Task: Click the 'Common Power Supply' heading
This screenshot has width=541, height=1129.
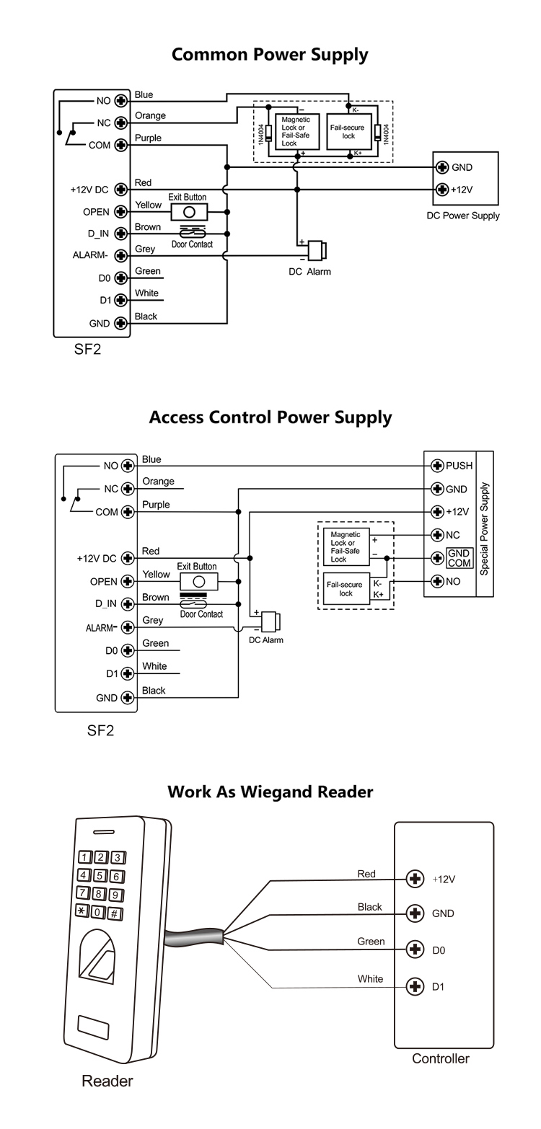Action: click(x=270, y=54)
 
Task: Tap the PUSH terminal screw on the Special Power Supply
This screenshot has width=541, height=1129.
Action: click(x=436, y=466)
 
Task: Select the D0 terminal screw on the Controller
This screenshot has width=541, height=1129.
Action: click(x=415, y=949)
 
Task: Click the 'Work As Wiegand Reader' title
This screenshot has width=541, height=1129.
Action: click(x=270, y=792)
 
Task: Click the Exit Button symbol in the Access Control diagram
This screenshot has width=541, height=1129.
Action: click(x=198, y=581)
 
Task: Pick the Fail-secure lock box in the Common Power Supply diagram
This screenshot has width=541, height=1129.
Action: click(x=349, y=132)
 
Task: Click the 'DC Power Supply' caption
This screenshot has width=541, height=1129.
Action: click(x=463, y=216)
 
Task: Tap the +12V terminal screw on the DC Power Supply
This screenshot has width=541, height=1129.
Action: click(x=442, y=190)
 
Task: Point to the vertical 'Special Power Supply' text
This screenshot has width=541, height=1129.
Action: click(x=485, y=524)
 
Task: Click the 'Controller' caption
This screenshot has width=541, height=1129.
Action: click(x=440, y=1058)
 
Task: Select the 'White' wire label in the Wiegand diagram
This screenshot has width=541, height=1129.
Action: click(x=370, y=978)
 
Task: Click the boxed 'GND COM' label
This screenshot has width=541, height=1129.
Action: click(x=459, y=558)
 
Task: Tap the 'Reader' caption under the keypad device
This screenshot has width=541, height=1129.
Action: click(x=107, y=1081)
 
